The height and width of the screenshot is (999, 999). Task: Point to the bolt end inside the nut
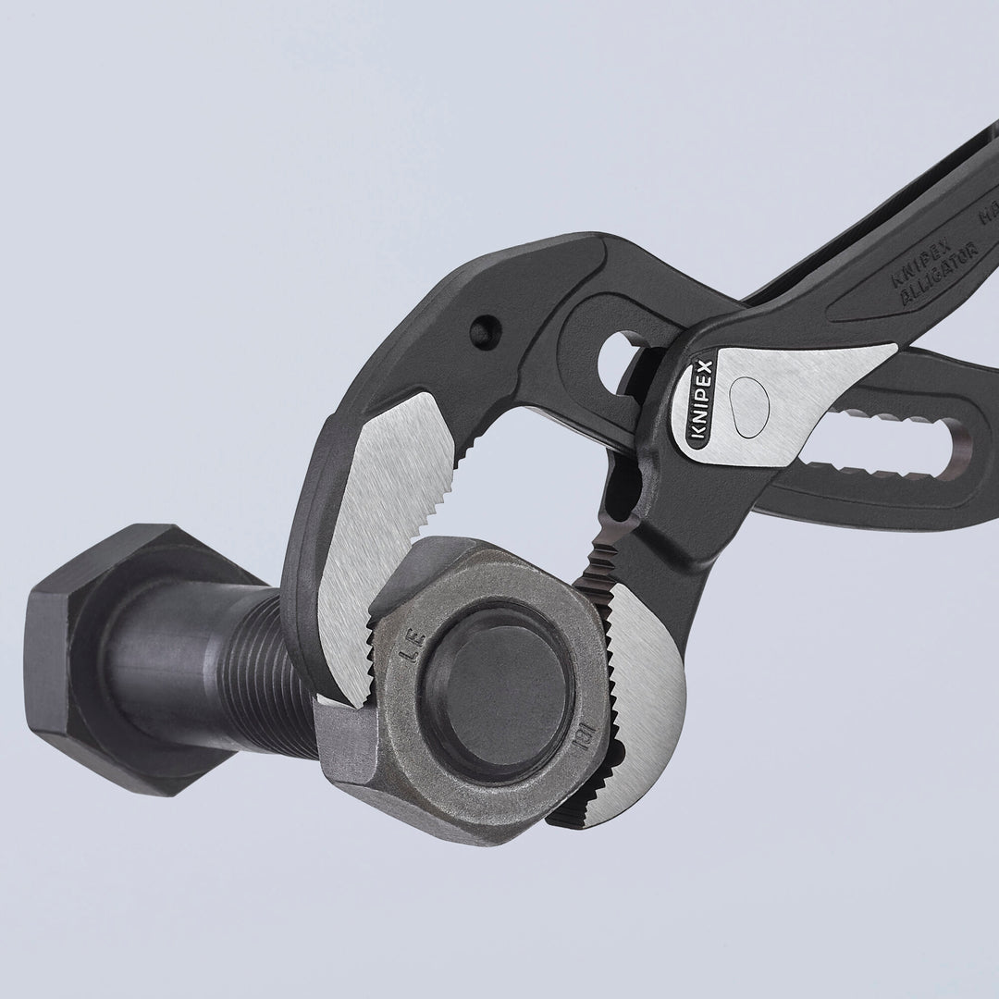[495, 689]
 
